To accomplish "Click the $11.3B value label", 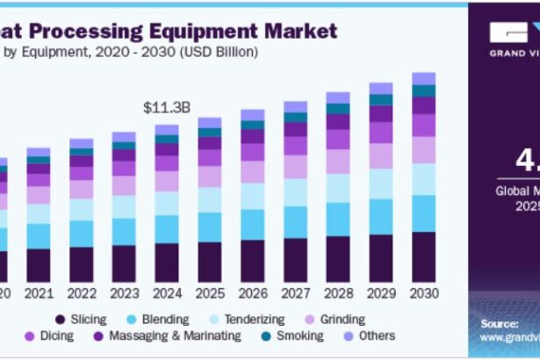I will tap(166, 108).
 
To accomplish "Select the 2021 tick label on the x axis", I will tap(39, 292).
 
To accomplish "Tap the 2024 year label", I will tap(166, 292).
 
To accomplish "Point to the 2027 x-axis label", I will tap(295, 292).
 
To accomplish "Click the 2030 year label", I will tap(423, 292).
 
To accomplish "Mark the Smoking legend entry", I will tap(298, 335).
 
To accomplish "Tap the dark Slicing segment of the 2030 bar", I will tap(423, 256).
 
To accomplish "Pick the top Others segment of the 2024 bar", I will tap(166, 129).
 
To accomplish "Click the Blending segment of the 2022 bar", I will tap(81, 234).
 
